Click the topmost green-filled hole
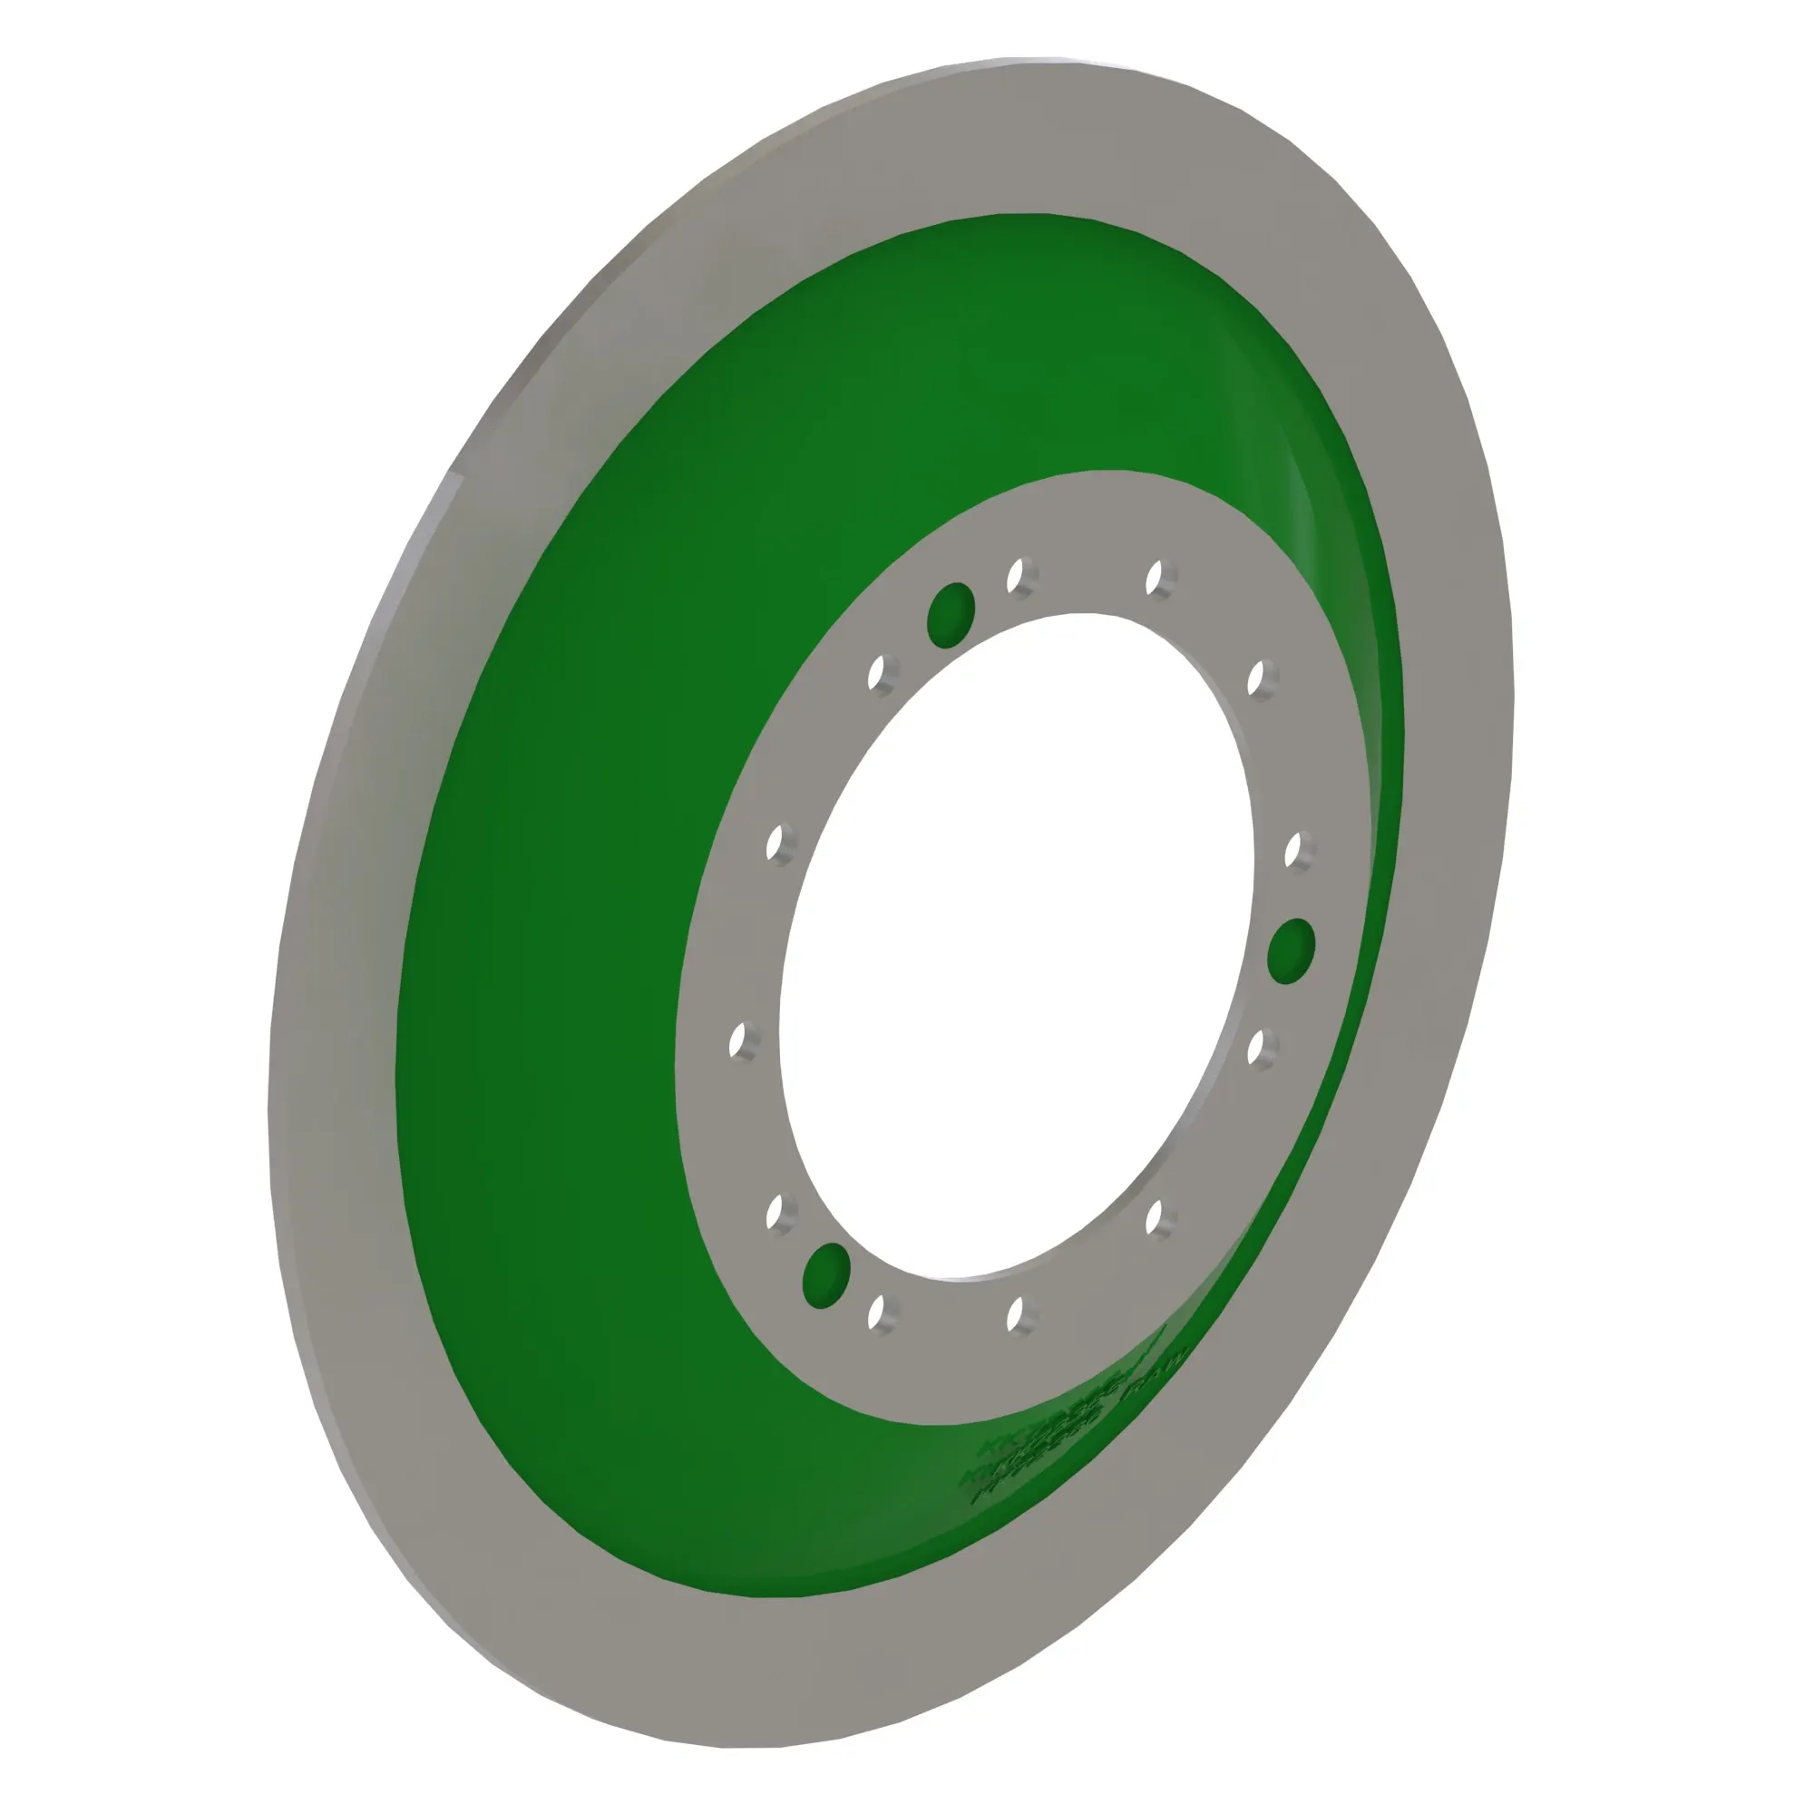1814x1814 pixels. (x=951, y=615)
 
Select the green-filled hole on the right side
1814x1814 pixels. (x=1291, y=951)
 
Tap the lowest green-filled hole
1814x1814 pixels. (x=827, y=1276)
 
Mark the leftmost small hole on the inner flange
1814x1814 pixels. (x=738, y=1040)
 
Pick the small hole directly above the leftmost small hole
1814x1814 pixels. (x=775, y=843)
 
